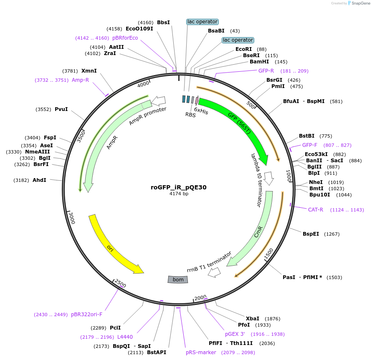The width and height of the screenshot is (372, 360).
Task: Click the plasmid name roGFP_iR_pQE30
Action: (x=179, y=187)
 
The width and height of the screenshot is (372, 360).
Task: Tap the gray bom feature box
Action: (x=178, y=279)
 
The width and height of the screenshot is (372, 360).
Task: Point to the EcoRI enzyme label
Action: (x=244, y=49)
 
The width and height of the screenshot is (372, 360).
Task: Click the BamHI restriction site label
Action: (x=259, y=62)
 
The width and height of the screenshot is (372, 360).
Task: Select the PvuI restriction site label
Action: (x=61, y=109)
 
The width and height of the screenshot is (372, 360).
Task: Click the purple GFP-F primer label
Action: (x=310, y=145)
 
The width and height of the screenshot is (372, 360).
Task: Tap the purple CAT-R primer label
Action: (x=316, y=209)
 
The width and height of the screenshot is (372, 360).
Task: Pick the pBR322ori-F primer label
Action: (x=86, y=315)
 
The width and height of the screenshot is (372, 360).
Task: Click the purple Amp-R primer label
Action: (x=80, y=80)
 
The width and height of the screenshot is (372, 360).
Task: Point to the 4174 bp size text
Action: (x=179, y=194)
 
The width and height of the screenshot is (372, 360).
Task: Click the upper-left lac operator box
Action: (x=202, y=22)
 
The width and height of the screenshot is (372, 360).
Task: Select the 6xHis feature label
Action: (x=201, y=112)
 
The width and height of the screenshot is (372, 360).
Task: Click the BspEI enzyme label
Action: (x=311, y=234)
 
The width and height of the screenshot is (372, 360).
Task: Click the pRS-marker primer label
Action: (x=201, y=352)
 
